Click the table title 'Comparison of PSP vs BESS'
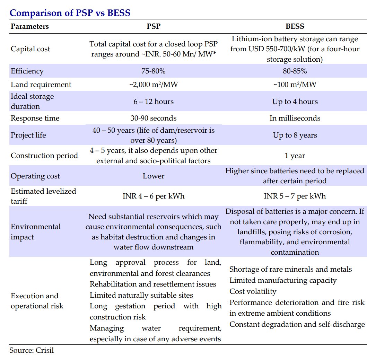(70, 13)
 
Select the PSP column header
(154, 26)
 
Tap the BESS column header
(295, 26)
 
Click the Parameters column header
(30, 26)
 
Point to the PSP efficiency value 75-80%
(154, 71)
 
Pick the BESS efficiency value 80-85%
(295, 71)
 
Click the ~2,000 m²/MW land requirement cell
(154, 85)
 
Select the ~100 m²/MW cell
(295, 85)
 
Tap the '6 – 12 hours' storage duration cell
(154, 102)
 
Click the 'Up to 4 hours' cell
(295, 102)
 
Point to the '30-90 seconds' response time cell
(154, 118)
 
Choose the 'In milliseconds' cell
(295, 118)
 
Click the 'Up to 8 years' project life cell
(295, 135)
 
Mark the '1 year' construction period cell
(295, 156)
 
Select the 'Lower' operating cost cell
(154, 176)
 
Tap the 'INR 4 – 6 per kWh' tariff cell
(154, 196)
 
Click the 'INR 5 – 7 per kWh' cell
(295, 196)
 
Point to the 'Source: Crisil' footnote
(32, 350)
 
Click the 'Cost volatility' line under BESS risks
(253, 291)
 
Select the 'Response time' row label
(35, 118)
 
